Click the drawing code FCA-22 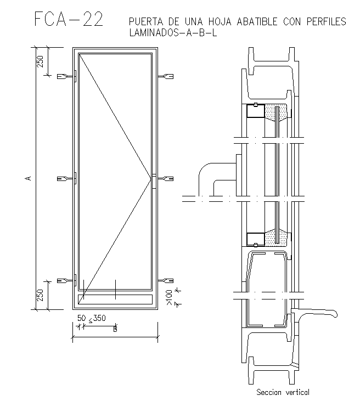68,19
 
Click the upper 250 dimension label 40,61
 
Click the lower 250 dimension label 40,295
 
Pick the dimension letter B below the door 115,330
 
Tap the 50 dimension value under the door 81,318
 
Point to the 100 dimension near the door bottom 169,297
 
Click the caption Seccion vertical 283,392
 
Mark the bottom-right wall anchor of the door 165,281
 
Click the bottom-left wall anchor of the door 68,281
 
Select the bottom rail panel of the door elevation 115,299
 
